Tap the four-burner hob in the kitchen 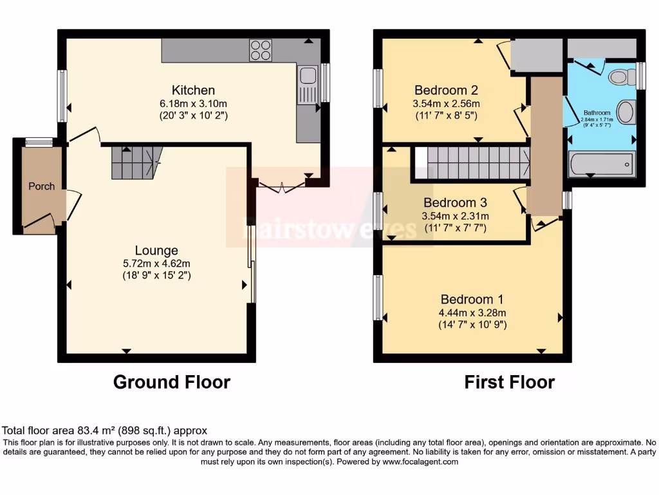[261, 50]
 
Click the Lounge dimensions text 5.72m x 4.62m [156, 263]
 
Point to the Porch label [41, 186]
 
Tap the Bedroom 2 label [446, 90]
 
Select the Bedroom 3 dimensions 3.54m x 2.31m [455, 216]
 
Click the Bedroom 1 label [472, 300]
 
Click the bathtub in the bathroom [601, 164]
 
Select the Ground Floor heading [171, 382]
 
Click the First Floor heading [509, 382]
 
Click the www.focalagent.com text [420, 461]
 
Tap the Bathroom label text [597, 112]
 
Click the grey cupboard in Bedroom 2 [537, 55]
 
